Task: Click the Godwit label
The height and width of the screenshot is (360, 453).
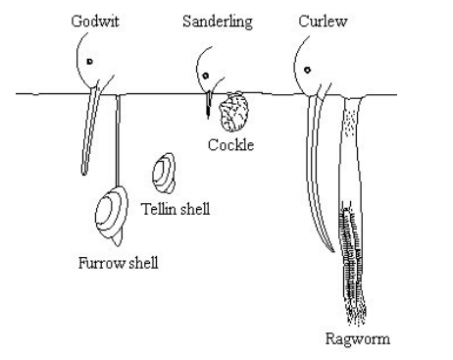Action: (x=95, y=22)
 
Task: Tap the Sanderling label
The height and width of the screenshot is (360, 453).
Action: (x=218, y=22)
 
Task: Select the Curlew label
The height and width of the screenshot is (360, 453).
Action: (x=317, y=22)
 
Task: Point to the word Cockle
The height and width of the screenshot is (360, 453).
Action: (x=231, y=145)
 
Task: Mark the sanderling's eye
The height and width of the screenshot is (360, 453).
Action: (x=206, y=72)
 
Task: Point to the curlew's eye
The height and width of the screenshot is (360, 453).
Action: (x=309, y=70)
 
